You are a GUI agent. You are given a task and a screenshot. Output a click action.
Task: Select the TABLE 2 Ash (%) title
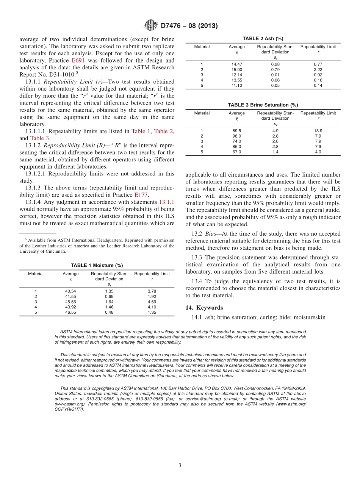[263, 39]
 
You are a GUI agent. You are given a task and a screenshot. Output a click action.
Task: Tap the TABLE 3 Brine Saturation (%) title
[263, 105]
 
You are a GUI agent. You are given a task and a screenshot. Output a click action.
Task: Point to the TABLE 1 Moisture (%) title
[97, 266]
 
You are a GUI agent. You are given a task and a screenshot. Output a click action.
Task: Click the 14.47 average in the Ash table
[236, 64]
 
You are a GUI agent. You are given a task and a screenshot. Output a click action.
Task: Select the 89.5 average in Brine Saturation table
[236, 131]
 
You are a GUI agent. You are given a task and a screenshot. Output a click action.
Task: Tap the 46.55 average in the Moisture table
[70, 313]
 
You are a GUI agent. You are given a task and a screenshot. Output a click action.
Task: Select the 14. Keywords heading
[204, 308]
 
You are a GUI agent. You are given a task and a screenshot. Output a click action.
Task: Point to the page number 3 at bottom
[180, 466]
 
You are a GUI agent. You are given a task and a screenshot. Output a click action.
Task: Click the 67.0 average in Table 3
[236, 152]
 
